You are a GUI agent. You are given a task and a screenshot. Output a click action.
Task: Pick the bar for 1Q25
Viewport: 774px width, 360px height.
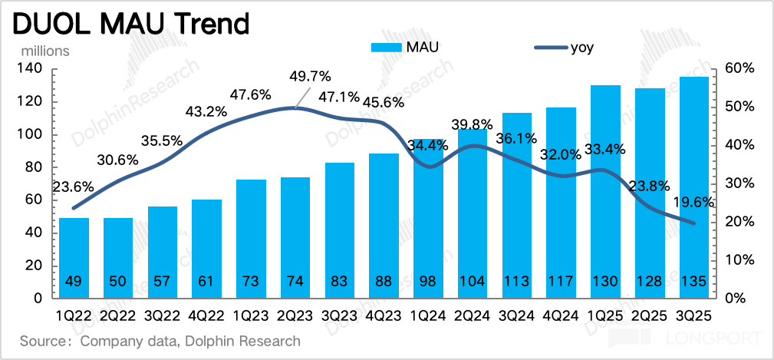coord(605,192)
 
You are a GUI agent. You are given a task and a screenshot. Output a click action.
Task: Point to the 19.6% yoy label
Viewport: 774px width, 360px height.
coord(693,203)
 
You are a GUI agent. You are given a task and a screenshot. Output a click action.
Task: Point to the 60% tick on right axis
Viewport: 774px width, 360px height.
coord(739,69)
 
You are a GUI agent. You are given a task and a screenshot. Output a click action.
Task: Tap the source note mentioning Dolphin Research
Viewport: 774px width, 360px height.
coord(160,341)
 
